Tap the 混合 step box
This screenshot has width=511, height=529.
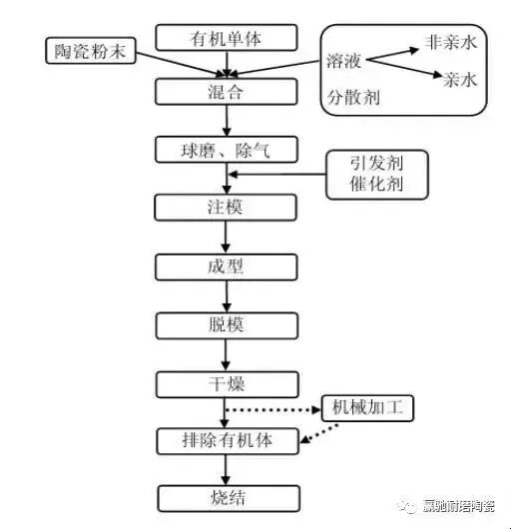pyautogui.click(x=227, y=92)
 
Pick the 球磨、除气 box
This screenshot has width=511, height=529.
pyautogui.click(x=227, y=151)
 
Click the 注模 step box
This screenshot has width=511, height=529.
pyautogui.click(x=227, y=209)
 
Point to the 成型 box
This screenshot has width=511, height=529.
pyautogui.click(x=227, y=267)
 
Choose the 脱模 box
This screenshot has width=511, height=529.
pyautogui.click(x=227, y=325)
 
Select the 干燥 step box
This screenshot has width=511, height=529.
pyautogui.click(x=227, y=383)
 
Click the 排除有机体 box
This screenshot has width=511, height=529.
pyautogui.click(x=227, y=440)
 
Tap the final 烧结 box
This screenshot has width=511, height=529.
pyautogui.click(x=227, y=498)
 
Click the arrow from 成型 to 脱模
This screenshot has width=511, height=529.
pyautogui.click(x=227, y=296)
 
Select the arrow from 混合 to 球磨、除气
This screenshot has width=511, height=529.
pyautogui.click(x=227, y=121)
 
